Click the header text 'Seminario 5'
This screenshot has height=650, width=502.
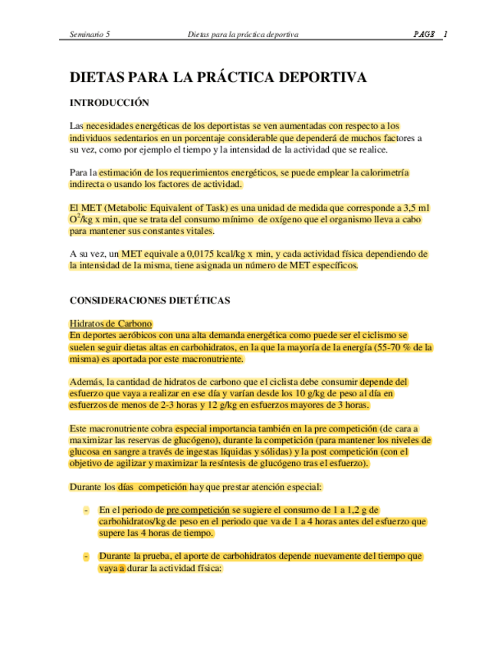(89, 34)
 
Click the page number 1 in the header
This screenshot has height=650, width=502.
(445, 34)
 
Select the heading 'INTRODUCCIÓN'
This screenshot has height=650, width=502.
(109, 103)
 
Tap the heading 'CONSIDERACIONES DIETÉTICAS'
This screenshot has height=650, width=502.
(149, 300)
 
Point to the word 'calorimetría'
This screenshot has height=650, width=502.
(382, 173)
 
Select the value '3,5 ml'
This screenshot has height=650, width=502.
(415, 208)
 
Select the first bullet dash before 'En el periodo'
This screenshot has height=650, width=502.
(86, 510)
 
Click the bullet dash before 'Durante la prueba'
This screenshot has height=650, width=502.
(86, 556)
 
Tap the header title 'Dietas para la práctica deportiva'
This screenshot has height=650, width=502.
(243, 34)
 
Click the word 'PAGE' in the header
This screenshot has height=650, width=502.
(424, 34)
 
